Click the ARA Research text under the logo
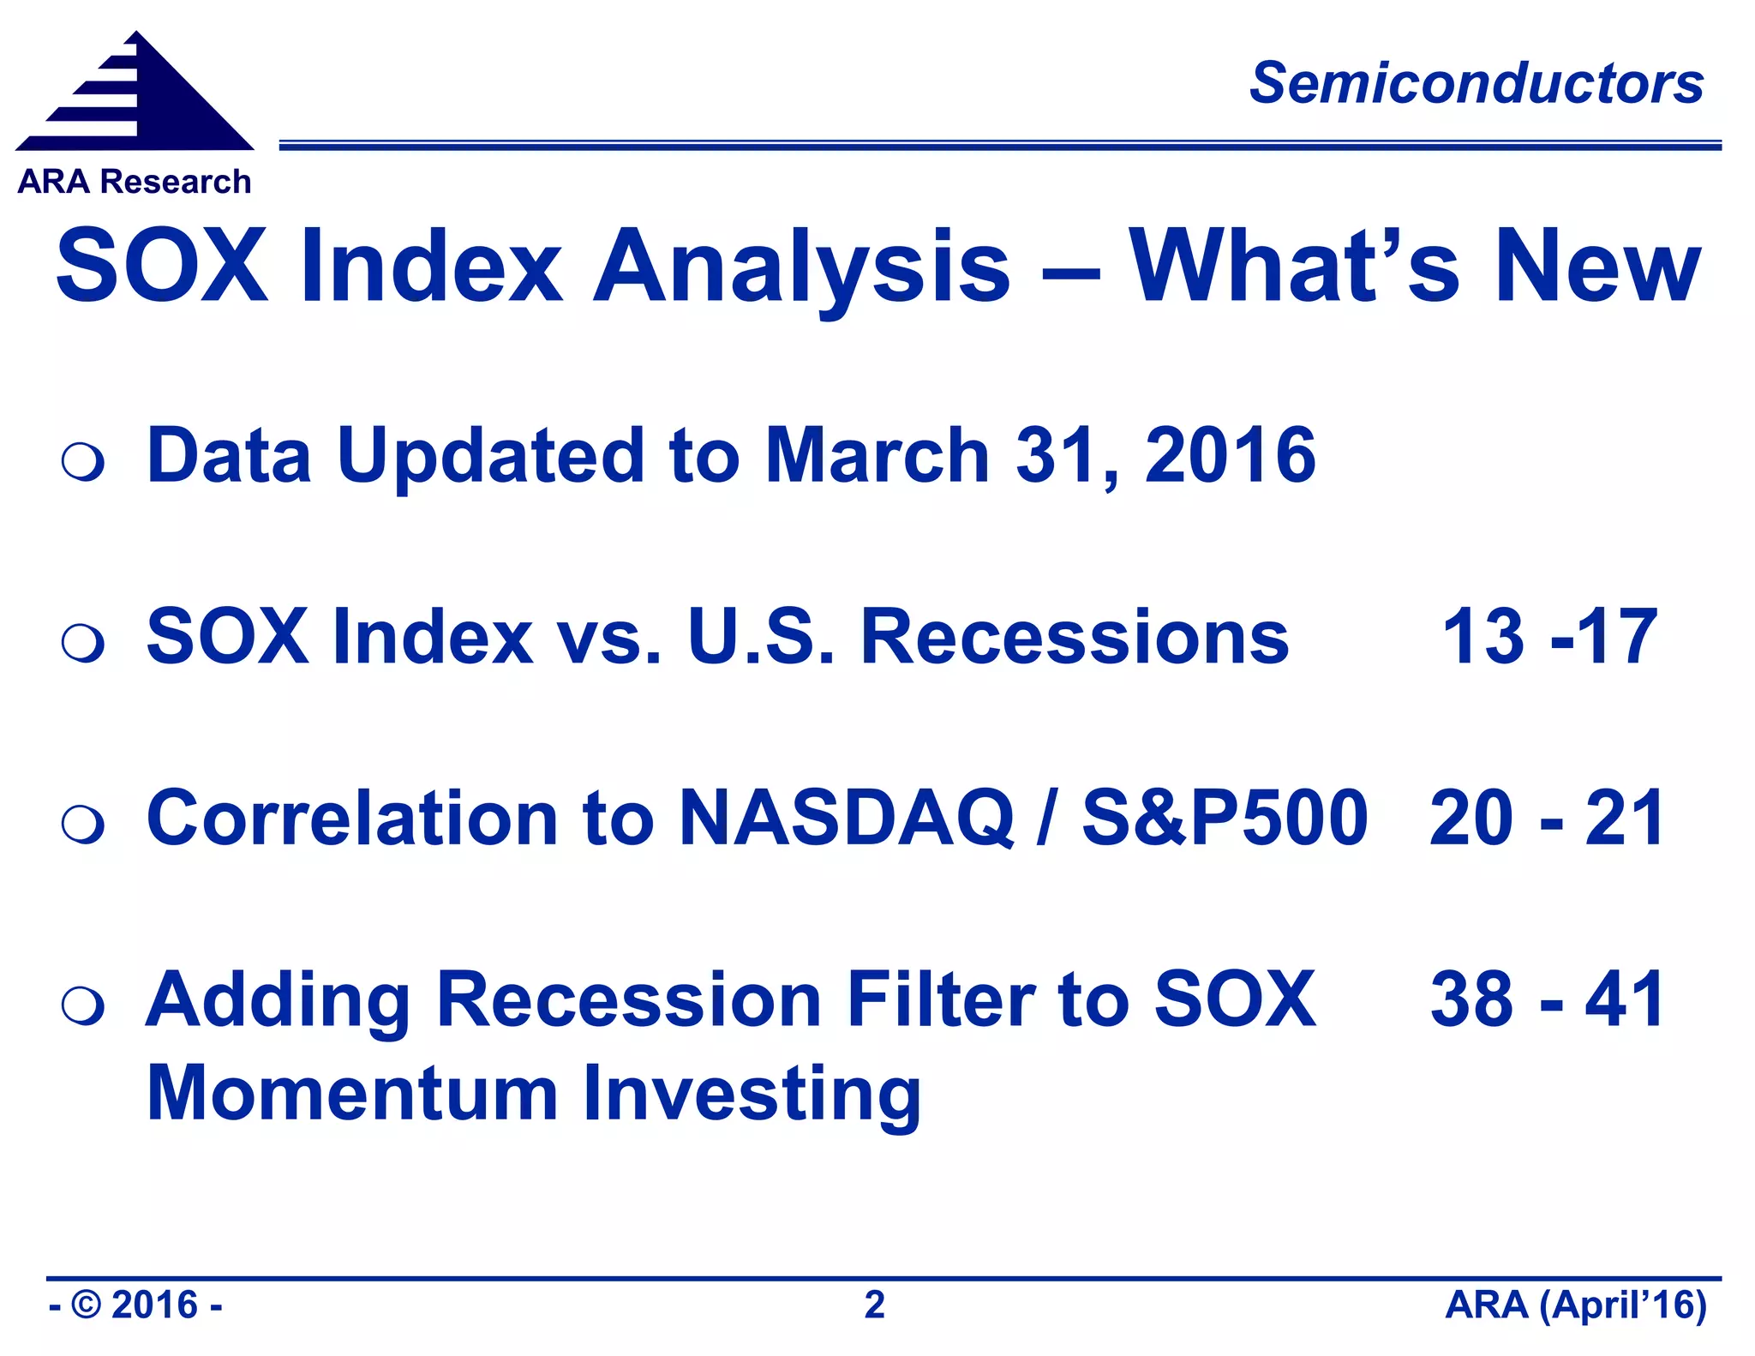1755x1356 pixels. click(x=135, y=182)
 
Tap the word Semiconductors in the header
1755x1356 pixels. click(x=1476, y=84)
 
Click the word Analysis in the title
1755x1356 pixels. click(x=801, y=267)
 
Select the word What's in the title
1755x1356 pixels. click(x=1294, y=267)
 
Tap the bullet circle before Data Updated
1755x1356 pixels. click(x=83, y=462)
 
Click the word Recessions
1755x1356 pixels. click(x=1075, y=637)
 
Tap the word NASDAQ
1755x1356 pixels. click(x=847, y=819)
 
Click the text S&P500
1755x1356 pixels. click(x=1225, y=819)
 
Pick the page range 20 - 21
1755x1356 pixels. click(x=1547, y=819)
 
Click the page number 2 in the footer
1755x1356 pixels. click(x=874, y=1305)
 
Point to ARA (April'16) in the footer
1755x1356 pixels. click(x=1575, y=1305)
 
